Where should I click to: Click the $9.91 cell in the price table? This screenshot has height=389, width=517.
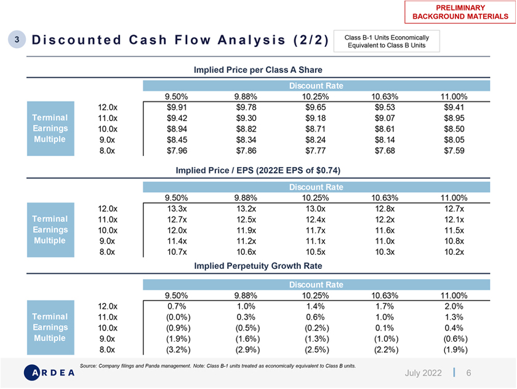point(177,107)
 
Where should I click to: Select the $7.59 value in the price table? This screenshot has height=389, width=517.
point(454,150)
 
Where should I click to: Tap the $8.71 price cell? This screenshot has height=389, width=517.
point(315,129)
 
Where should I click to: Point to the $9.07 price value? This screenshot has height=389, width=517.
point(385,118)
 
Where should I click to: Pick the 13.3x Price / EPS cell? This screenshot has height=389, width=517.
point(177,209)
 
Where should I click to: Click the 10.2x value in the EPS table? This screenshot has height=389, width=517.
point(454,252)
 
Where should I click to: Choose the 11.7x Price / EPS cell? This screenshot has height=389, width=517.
point(315,230)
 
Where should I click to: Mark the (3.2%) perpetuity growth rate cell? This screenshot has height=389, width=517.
point(178,350)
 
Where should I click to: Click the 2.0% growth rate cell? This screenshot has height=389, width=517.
point(454,306)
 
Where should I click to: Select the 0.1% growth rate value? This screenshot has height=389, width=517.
point(385,328)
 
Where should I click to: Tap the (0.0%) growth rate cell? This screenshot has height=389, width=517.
point(178,317)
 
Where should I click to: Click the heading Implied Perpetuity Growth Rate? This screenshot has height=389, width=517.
point(258,266)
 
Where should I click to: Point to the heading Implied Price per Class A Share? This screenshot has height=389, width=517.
point(258,70)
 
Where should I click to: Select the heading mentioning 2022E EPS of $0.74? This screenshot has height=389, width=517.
point(258,170)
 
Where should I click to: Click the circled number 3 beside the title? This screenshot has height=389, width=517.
point(17,39)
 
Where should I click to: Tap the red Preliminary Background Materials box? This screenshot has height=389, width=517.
point(460,12)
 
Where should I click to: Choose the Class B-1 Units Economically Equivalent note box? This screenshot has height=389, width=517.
point(387,41)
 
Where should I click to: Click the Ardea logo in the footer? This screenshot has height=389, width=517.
point(49,372)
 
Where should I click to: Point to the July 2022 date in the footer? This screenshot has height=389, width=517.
point(423,373)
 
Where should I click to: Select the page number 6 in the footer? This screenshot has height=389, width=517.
point(468,373)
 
